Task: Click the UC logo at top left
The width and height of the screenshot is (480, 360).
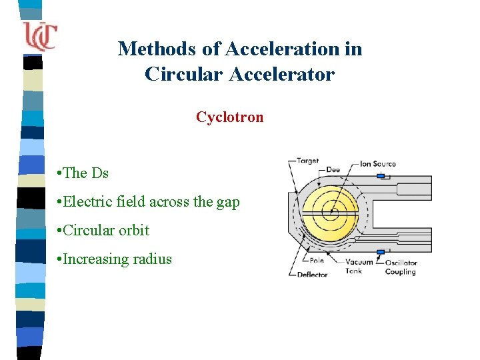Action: point(39,35)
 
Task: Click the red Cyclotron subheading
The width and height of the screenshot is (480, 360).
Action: point(229,117)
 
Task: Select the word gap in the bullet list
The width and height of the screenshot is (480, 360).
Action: point(227,203)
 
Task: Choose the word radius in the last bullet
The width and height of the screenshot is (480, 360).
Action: point(152,259)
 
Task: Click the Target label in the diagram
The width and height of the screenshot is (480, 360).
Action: point(307,161)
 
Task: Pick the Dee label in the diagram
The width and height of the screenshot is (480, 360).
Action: point(333,170)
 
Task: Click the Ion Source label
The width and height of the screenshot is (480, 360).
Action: point(377,163)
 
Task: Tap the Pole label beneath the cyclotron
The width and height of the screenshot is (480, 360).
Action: point(316,261)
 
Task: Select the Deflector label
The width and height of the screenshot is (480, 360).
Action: point(312,274)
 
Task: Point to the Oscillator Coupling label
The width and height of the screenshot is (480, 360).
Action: point(401,267)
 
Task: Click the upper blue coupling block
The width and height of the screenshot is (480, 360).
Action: point(381,176)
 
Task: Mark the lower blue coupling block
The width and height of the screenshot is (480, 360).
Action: point(381,252)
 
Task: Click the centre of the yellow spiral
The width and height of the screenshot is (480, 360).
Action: point(331,214)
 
